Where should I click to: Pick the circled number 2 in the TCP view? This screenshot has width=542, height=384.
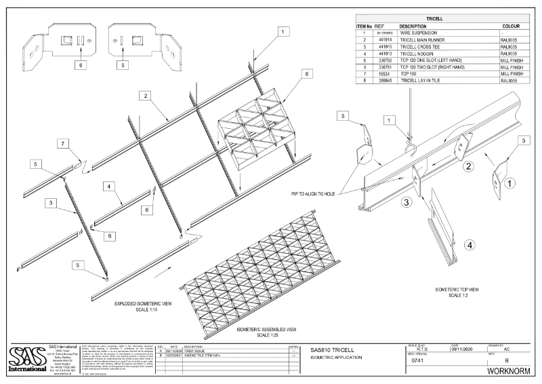467,164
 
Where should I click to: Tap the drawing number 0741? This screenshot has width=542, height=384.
417,362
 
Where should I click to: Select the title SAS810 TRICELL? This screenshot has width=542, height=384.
335,349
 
